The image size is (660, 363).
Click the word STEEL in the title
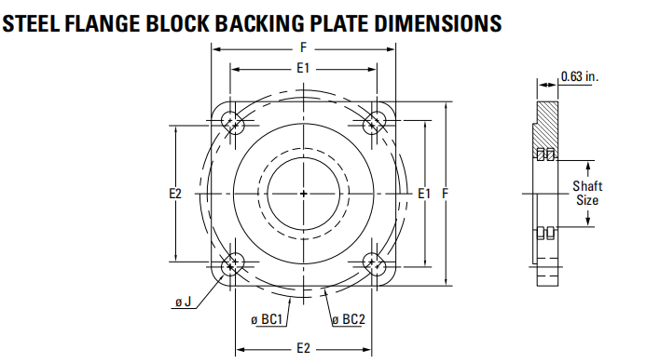(31, 23)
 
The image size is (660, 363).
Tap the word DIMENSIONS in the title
(438, 23)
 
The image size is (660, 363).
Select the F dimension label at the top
(304, 47)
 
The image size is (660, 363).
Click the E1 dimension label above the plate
(303, 68)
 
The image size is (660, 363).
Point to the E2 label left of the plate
(175, 194)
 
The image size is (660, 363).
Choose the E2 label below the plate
(304, 348)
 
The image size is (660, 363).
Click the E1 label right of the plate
(424, 194)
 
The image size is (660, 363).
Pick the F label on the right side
(446, 194)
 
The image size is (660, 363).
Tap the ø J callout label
(183, 302)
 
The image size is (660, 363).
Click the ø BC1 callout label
(267, 320)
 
